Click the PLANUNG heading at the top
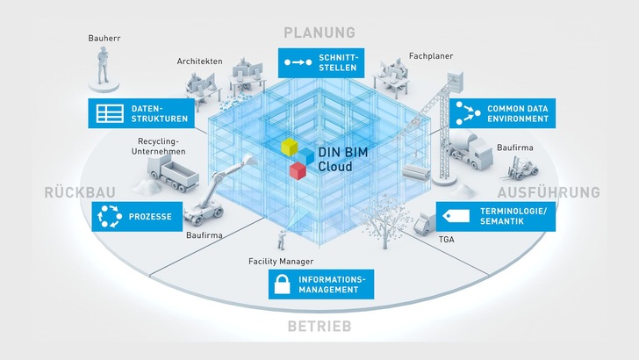(x=319, y=32)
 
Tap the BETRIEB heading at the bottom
(x=319, y=328)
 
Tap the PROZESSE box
(x=134, y=215)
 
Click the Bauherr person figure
(x=103, y=67)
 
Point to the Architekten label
(x=198, y=61)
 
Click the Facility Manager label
(x=281, y=261)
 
